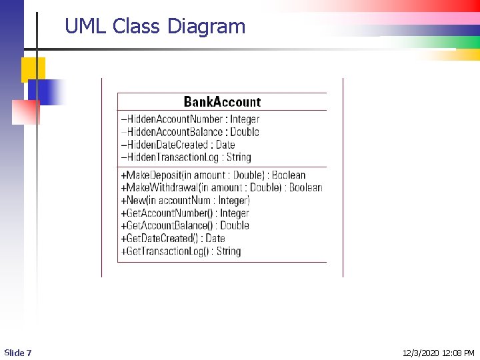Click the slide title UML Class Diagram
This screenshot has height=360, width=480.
coord(155,27)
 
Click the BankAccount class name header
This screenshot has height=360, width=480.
coord(222,102)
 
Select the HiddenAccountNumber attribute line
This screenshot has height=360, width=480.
coord(190,119)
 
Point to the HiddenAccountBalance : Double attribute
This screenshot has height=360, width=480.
coord(190,132)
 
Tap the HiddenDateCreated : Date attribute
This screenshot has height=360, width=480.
coord(178,145)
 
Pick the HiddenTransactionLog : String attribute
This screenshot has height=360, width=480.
coord(186,157)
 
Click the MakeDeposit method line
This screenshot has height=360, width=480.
coord(213,175)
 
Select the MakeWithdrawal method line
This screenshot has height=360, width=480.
coord(221,188)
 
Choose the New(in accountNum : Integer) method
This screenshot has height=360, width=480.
coord(185,201)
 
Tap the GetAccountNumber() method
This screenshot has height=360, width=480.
coord(185,213)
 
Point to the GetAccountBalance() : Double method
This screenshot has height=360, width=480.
coord(185,226)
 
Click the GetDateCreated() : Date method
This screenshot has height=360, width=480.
coord(173,239)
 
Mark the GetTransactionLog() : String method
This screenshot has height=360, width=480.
coord(181,251)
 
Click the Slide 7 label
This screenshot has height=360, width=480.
coord(18,353)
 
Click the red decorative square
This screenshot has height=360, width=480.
coord(26,112)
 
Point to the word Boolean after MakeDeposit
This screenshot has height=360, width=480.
coord(289,175)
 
